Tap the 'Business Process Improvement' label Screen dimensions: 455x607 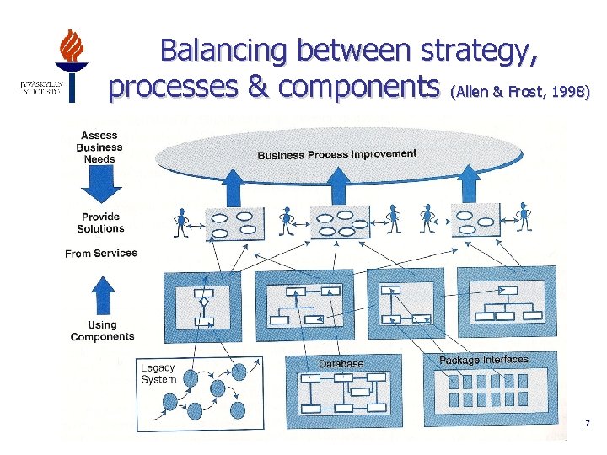pyautogui.click(x=336, y=154)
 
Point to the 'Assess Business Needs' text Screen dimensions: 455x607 pyautogui.click(x=99, y=147)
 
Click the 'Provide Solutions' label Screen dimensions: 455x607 pyautogui.click(x=100, y=222)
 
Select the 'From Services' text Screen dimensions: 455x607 pyautogui.click(x=100, y=254)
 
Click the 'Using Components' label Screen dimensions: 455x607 pyautogui.click(x=102, y=330)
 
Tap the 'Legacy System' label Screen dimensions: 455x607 pyautogui.click(x=158, y=373)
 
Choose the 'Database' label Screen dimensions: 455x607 pyautogui.click(x=341, y=363)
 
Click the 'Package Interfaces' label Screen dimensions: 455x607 pyautogui.click(x=484, y=360)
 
